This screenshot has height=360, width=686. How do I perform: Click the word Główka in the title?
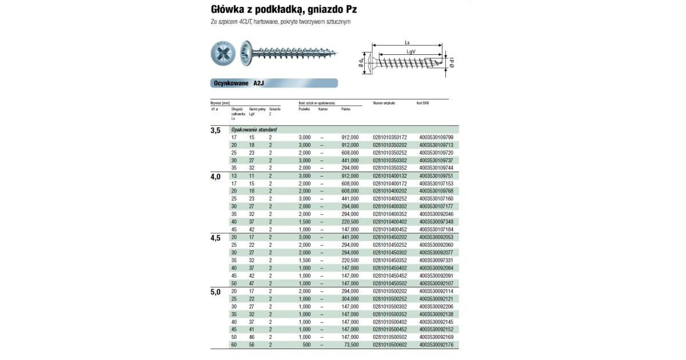coord(228,10)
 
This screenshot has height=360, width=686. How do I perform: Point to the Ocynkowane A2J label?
coord(239,83)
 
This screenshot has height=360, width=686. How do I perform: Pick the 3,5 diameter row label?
coord(216,131)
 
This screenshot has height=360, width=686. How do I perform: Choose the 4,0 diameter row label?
coord(216,177)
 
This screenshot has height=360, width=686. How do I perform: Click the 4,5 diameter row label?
coord(216,238)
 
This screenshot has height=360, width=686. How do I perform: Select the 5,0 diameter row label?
coord(216,291)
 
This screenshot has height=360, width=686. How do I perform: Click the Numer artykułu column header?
coord(384,103)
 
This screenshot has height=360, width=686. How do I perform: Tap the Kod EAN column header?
coord(422,103)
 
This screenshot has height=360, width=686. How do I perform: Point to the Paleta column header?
coord(345,109)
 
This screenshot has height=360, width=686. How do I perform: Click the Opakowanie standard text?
coord(254,130)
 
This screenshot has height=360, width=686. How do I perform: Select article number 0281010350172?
coord(389,138)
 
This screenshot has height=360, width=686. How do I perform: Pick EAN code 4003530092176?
coord(436,345)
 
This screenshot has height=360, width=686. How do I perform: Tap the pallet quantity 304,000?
coord(350,299)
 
